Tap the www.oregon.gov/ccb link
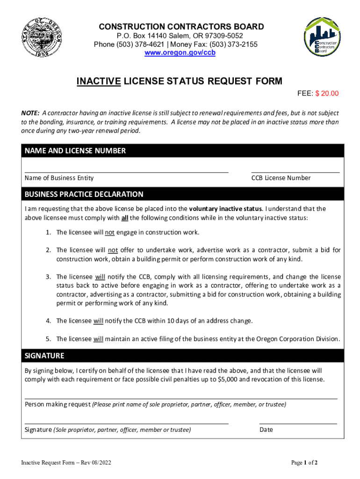coord(180,53)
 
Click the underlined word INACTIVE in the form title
coord(99,81)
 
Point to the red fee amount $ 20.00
coord(327,94)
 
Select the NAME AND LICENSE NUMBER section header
coord(75,151)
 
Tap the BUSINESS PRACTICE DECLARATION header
coord(84,194)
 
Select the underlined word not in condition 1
coord(109,232)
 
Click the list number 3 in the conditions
coord(48,277)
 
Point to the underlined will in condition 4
coord(98,321)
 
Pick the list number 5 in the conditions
coord(48,339)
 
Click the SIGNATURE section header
coord(44,356)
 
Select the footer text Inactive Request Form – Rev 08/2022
coord(65,463)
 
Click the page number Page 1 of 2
coord(304,463)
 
